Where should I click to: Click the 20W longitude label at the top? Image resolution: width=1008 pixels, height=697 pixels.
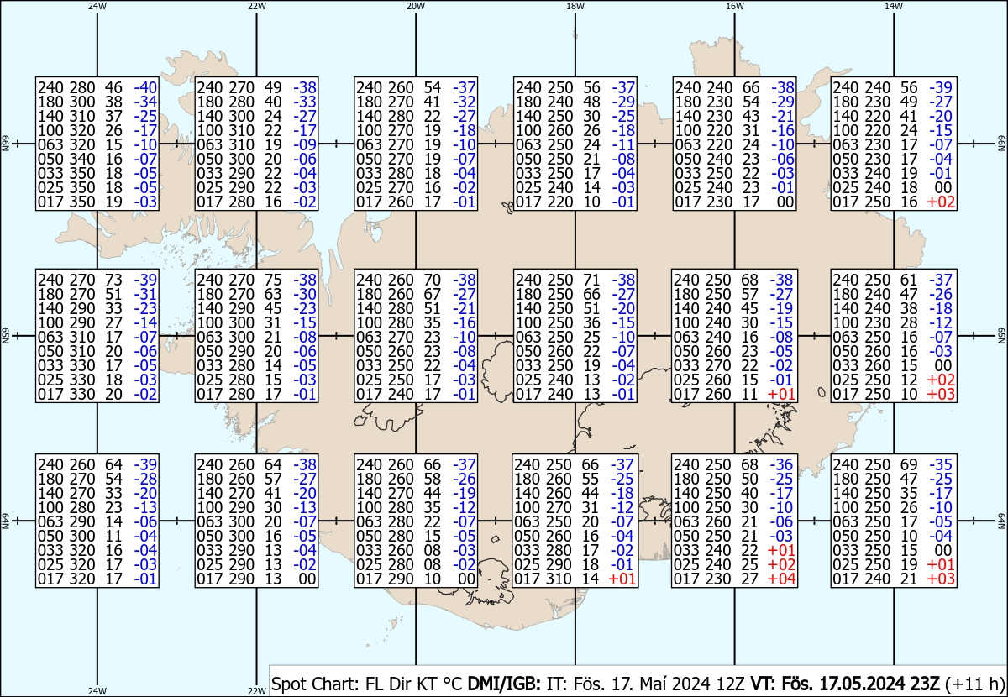(x=416, y=6)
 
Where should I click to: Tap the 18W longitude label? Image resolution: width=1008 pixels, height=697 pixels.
(x=575, y=6)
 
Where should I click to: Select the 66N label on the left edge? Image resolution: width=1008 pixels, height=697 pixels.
(x=5, y=144)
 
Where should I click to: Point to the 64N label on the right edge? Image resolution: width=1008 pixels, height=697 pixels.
(x=1001, y=521)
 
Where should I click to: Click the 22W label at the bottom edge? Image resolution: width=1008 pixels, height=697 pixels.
(x=256, y=690)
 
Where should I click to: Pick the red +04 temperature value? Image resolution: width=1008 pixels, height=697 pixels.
(x=781, y=579)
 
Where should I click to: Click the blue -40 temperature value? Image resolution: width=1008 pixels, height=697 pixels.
(x=145, y=87)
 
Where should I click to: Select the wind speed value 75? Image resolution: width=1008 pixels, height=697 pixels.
(x=273, y=280)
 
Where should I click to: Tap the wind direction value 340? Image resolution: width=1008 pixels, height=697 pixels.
(x=82, y=159)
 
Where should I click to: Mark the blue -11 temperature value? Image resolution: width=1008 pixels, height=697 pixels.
(x=623, y=144)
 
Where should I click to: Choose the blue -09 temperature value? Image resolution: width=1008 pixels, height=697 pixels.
(x=305, y=144)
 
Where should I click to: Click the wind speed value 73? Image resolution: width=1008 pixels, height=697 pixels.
(x=114, y=280)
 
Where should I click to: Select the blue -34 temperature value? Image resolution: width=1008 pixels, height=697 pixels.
(x=145, y=102)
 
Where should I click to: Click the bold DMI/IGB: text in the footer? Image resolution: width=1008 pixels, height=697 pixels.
(x=504, y=684)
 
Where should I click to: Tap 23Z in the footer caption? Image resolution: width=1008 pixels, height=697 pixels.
(x=925, y=684)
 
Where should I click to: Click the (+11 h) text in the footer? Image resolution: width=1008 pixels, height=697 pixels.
(x=974, y=684)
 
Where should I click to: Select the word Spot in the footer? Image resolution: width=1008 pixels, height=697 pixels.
(x=288, y=684)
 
